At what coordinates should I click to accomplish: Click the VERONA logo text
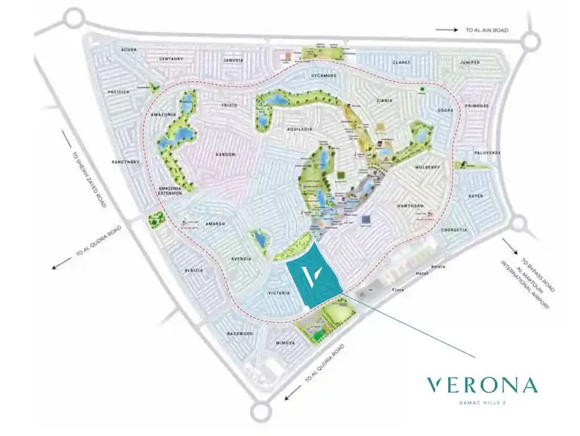(481, 385)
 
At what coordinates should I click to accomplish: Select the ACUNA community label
(128, 50)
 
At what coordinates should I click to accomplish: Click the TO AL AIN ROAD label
(487, 30)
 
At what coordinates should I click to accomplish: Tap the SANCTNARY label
(126, 162)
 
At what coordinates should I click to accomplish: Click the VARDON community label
(225, 154)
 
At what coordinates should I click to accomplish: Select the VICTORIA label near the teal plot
(279, 293)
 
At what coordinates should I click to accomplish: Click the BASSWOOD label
(239, 333)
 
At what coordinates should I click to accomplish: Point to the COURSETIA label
(454, 230)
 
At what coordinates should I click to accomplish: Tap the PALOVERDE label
(487, 153)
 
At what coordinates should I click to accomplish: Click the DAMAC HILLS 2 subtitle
(481, 402)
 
